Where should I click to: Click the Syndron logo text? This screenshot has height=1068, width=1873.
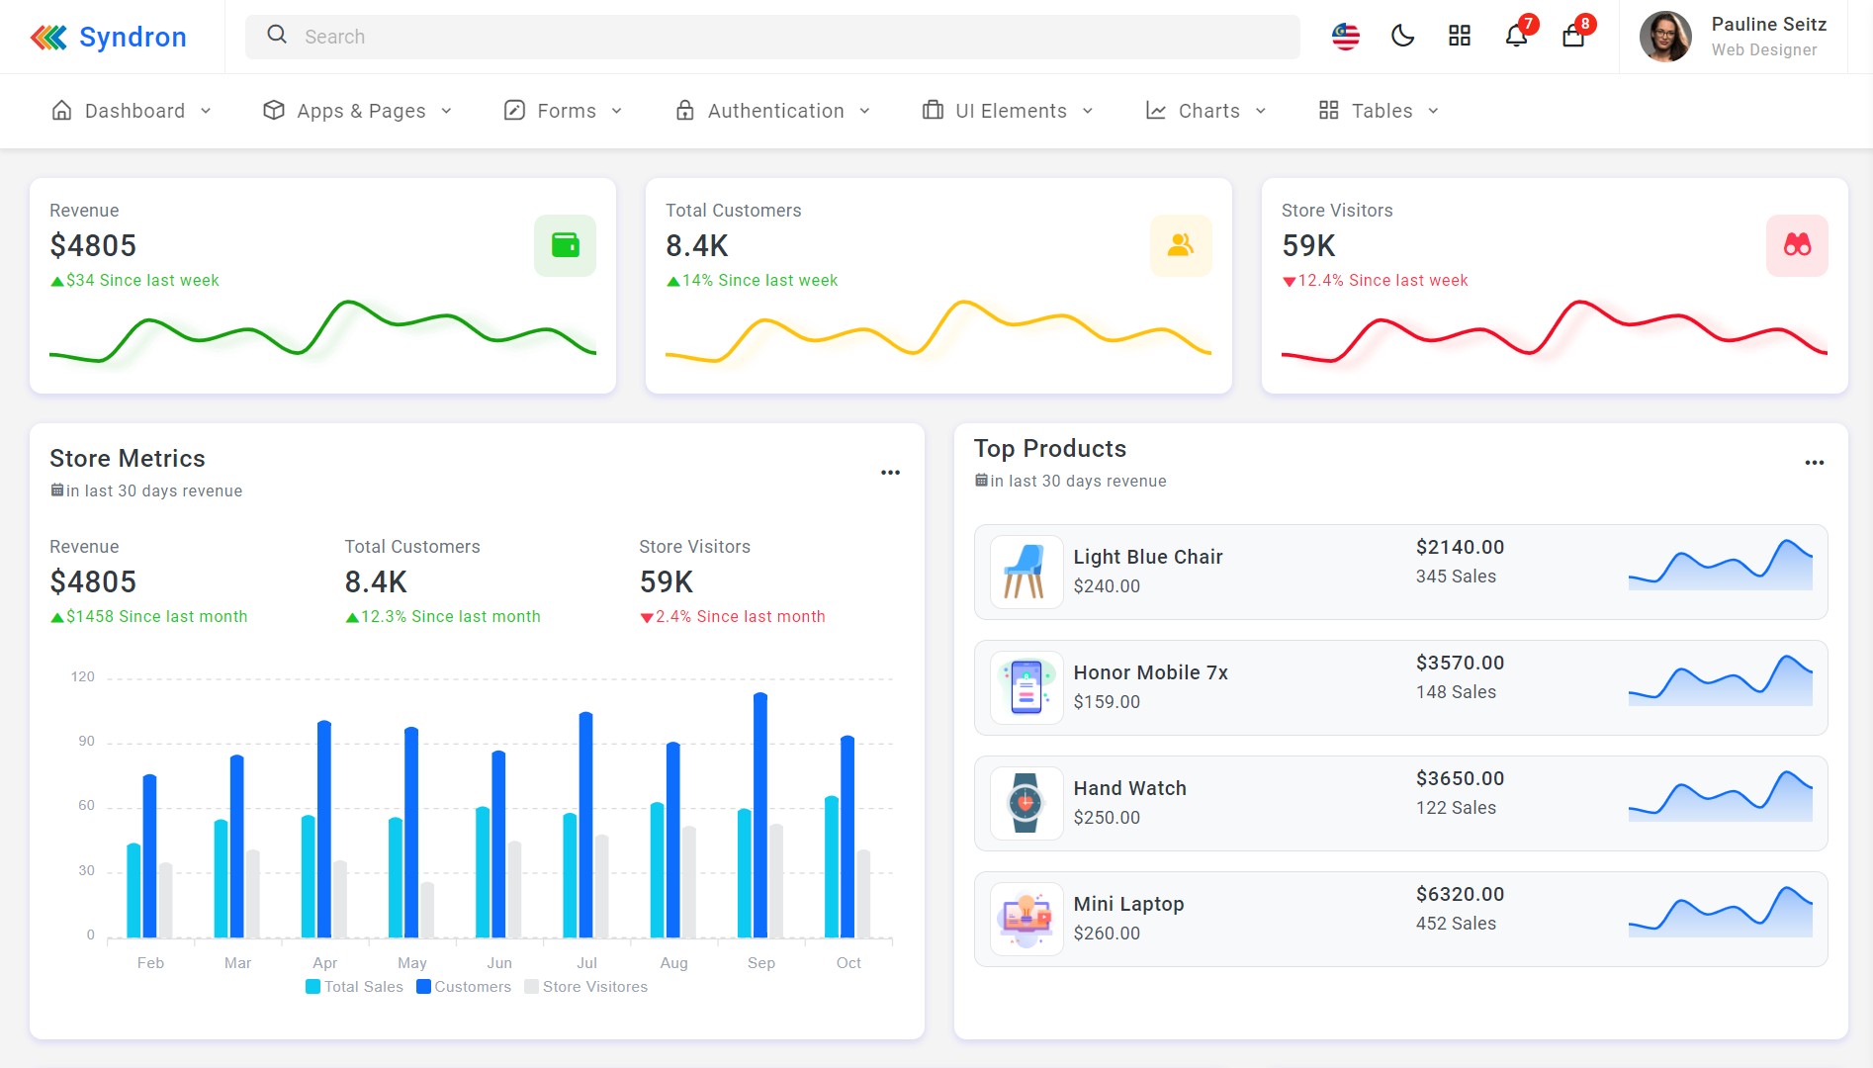pos(132,37)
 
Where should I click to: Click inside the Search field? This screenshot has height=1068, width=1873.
pos(771,37)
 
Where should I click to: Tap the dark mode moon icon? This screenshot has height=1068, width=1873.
pos(1402,37)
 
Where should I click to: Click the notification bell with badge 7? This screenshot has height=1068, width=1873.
pos(1516,37)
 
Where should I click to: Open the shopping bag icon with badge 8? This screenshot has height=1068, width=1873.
pos(1573,37)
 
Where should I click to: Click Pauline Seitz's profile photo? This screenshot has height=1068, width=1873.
pos(1665,37)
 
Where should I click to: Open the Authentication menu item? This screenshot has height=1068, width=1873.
pos(774,111)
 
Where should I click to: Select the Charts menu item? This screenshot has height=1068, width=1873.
pos(1207,111)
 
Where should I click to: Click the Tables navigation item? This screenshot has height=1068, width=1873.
pos(1381,111)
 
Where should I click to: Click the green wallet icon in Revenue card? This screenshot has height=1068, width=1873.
pos(565,245)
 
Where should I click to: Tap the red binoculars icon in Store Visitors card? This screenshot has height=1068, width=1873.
pos(1797,245)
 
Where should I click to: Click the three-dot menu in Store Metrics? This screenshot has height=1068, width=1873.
pos(890,473)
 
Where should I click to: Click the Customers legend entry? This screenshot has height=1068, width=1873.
pos(464,987)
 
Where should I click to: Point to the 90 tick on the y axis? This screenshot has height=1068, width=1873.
pos(87,742)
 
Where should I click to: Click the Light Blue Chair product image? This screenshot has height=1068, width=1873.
pos(1026,572)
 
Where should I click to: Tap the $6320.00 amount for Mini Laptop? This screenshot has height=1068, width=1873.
pos(1460,894)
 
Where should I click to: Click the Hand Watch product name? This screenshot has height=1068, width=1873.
pos(1129,788)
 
